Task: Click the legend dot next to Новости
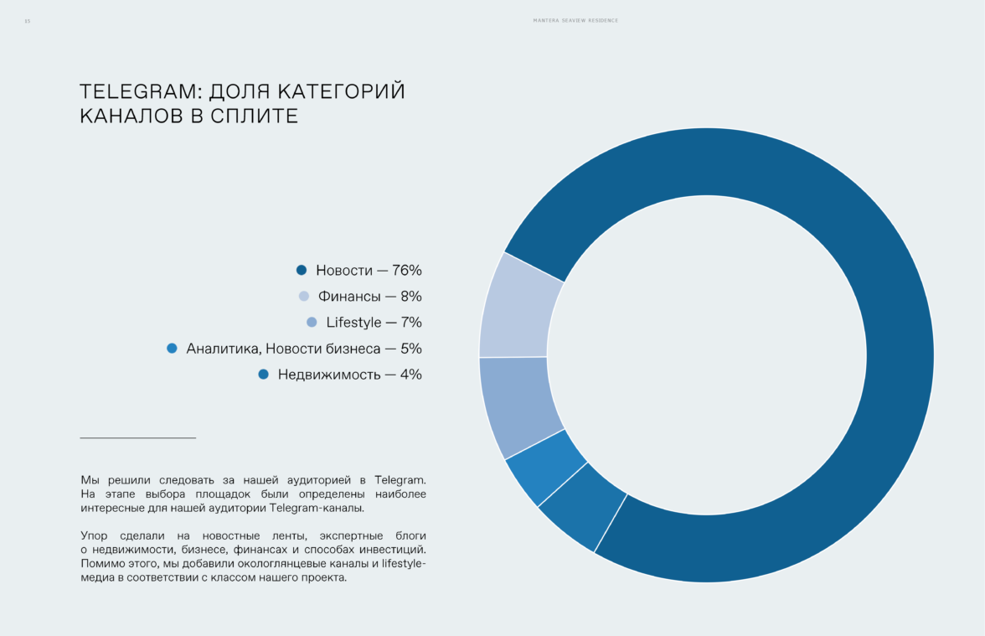302,270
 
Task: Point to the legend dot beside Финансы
304,296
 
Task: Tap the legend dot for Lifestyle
312,322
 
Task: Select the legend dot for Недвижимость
264,375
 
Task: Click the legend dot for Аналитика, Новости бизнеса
172,348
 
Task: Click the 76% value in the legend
407,271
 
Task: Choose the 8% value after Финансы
410,297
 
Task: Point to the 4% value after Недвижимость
410,375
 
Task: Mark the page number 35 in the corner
27,21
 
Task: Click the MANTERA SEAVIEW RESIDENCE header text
575,21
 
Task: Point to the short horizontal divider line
137,437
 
